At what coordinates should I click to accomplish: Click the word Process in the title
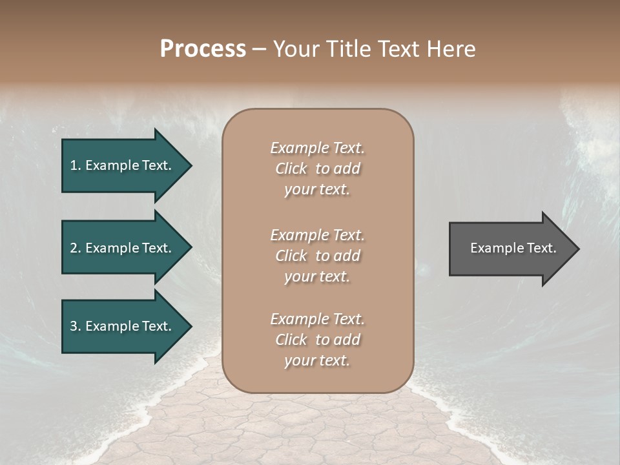[203, 49]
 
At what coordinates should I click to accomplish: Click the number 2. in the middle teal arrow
[76, 248]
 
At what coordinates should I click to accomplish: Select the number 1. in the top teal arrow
[76, 165]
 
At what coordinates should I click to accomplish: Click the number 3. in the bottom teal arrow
[76, 326]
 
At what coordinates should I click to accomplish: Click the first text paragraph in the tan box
[317, 169]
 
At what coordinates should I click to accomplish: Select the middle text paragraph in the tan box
[317, 256]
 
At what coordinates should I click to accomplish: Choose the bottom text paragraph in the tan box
[317, 340]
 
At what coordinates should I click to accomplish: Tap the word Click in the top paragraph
[291, 169]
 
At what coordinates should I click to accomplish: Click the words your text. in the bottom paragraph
[317, 360]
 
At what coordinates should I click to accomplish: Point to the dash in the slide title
[259, 50]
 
